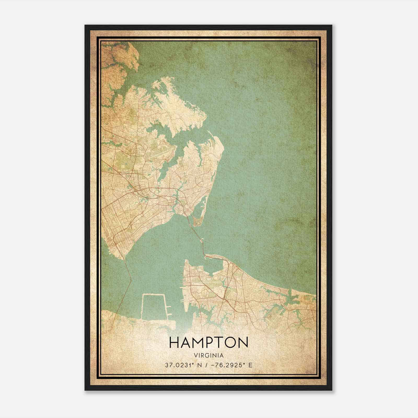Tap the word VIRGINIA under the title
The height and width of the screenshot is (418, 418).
[x=209, y=356]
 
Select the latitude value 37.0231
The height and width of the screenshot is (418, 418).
[x=177, y=365]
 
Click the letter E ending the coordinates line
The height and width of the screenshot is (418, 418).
[x=251, y=365]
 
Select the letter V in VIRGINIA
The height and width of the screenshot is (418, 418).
[x=196, y=356]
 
